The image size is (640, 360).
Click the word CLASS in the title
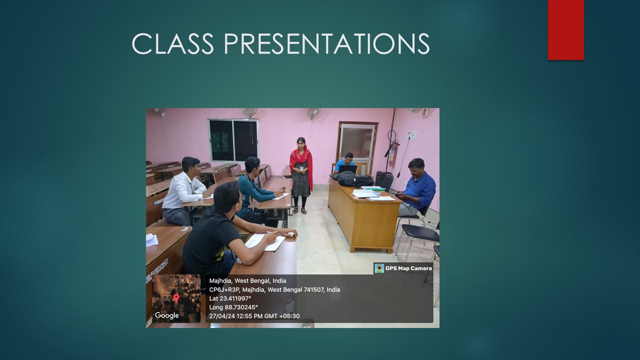coord(172,43)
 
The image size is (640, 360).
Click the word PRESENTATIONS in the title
coord(326,43)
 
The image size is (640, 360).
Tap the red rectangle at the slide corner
coord(565,30)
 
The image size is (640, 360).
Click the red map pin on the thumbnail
coord(176,298)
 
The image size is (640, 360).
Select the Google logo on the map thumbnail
coord(167,315)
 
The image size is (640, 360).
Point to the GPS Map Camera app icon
coord(379,268)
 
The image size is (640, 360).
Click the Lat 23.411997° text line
coord(230,298)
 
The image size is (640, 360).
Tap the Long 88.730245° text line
coord(233,307)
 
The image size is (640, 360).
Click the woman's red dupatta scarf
coord(301,163)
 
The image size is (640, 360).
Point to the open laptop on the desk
coord(347,169)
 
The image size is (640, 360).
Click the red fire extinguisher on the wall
coord(393,154)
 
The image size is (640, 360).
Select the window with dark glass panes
coord(233,140)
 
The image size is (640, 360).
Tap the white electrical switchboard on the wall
coord(411,135)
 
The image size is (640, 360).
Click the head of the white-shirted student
coord(190,167)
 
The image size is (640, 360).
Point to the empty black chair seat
coord(420,232)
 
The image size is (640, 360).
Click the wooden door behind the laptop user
coord(357,147)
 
